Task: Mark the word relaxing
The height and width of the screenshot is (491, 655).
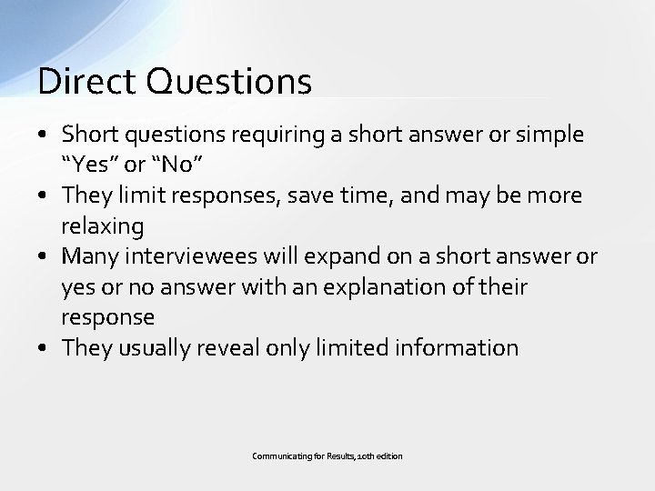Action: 103,226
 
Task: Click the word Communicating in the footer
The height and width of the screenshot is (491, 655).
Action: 279,456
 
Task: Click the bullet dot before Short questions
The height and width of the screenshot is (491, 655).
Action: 44,135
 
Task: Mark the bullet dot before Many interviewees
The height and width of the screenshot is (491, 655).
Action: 44,257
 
